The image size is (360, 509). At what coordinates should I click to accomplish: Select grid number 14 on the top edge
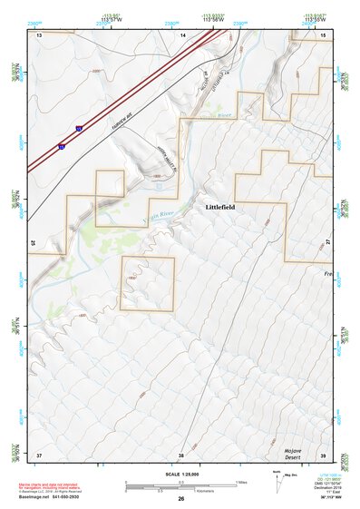pos(182,35)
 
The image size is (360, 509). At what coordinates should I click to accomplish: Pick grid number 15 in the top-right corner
pos(324,35)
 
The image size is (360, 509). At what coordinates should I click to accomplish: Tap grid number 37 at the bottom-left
pos(39,454)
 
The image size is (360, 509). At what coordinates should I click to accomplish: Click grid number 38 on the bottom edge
pos(181,454)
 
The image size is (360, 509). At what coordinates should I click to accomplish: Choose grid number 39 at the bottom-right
pos(324,454)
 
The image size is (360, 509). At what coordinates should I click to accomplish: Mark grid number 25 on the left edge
pos(33,242)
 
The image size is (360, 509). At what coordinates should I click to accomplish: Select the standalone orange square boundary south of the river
pos(148,283)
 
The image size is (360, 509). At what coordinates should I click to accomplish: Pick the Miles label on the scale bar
pos(241,482)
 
